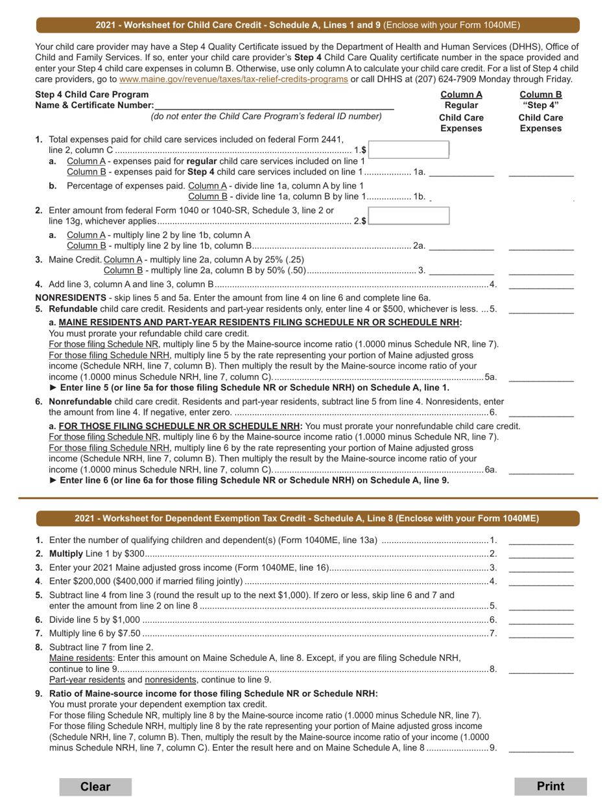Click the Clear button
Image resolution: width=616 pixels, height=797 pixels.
click(x=95, y=787)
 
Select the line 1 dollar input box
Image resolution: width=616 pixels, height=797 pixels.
click(x=409, y=150)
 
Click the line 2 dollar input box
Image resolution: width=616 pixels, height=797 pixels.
click(x=409, y=216)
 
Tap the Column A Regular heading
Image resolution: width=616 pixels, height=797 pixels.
click(x=461, y=100)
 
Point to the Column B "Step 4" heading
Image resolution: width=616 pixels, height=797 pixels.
click(x=540, y=100)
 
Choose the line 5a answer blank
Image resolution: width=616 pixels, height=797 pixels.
click(x=541, y=376)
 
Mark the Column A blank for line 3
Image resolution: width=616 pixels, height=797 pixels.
click(x=461, y=270)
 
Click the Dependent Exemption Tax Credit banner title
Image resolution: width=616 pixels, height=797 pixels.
click(x=307, y=518)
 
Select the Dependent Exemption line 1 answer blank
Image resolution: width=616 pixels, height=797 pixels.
click(x=541, y=540)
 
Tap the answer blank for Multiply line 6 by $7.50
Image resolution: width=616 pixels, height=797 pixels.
click(x=541, y=633)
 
